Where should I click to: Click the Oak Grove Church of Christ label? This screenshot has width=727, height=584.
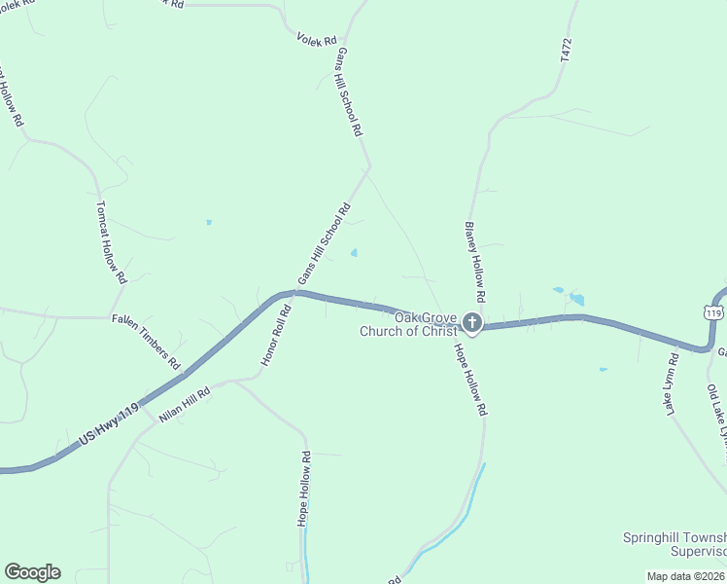pos(408,324)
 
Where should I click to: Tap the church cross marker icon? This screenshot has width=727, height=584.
pos(471,322)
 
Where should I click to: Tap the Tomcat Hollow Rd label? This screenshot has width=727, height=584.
pos(111,242)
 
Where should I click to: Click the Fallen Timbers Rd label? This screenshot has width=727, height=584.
pos(147,342)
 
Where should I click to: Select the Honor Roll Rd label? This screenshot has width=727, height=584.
pos(276,337)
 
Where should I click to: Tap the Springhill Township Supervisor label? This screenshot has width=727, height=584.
pos(675,544)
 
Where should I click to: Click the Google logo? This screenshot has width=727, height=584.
pos(32,572)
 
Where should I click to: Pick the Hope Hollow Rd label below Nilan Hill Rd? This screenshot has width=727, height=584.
pos(304,489)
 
